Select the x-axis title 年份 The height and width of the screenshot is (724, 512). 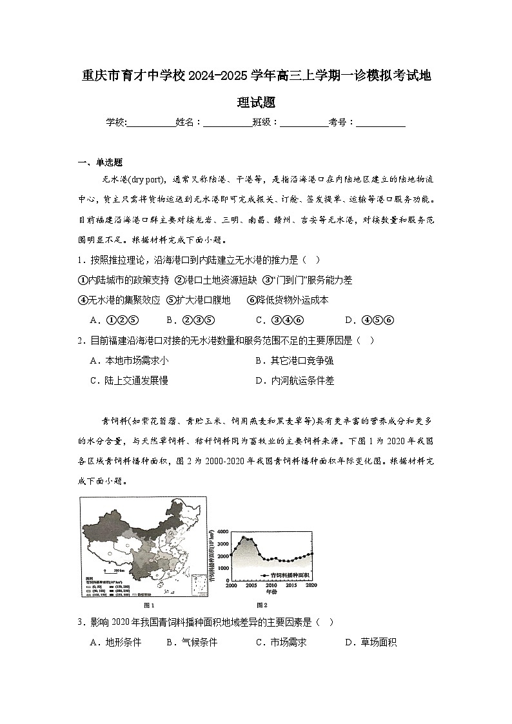[270, 592]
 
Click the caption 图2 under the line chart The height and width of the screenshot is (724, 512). [262, 605]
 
